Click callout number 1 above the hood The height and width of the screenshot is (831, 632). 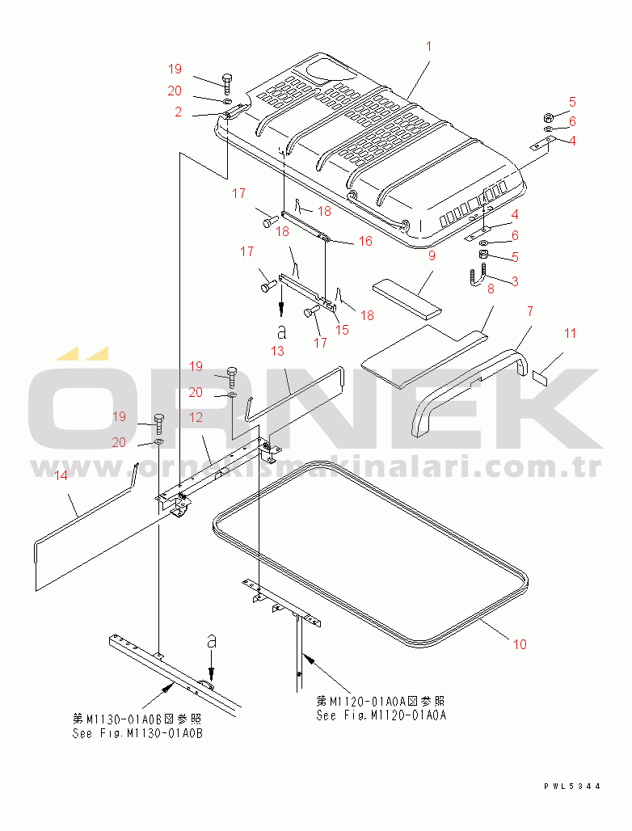pos(428,47)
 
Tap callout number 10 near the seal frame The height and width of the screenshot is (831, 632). pos(520,644)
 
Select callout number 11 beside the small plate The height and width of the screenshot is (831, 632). pos(570,333)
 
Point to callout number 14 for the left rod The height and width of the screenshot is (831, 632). pos(61,475)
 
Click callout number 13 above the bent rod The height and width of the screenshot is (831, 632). pos(277,351)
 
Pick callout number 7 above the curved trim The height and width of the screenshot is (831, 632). pos(530,311)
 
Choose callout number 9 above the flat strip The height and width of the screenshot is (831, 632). pos(432,255)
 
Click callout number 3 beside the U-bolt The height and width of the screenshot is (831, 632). pos(514,281)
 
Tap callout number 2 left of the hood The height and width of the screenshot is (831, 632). pos(178,112)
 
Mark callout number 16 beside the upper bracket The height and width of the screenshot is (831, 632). pos(365,241)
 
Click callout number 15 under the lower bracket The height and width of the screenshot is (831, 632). pos(342,330)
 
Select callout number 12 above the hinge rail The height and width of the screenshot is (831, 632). pos(196,417)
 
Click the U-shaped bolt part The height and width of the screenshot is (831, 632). pos(478,276)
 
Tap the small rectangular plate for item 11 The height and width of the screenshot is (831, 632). pos(540,378)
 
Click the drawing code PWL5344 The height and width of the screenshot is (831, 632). pos(572,786)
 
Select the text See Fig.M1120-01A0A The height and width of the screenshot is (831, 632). pos(381,715)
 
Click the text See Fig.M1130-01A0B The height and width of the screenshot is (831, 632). pos(137,733)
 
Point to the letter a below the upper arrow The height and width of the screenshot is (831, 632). pos(282,331)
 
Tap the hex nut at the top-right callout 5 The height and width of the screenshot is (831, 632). pos(549,117)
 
